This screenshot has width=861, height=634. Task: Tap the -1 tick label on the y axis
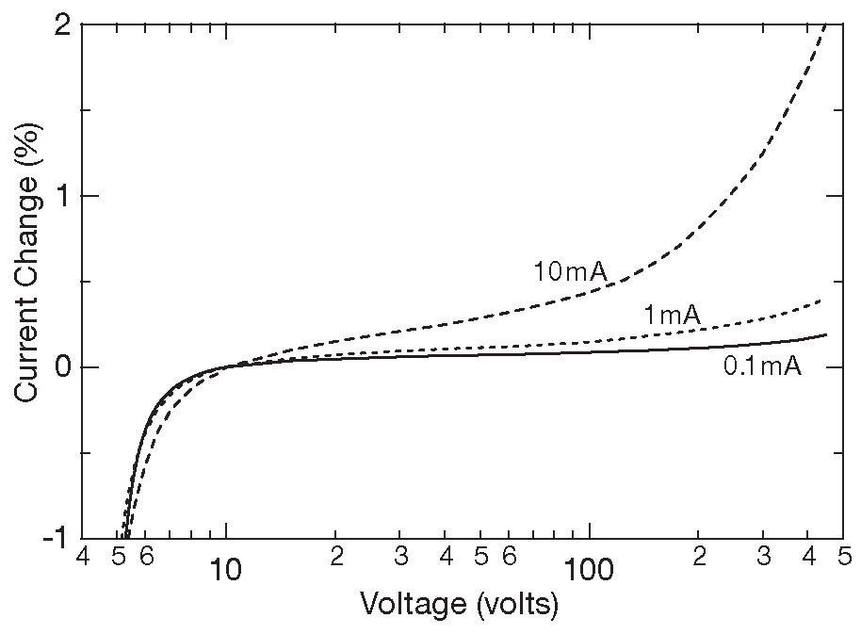54,537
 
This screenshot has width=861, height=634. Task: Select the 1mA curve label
672,317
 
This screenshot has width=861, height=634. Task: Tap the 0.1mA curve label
761,366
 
